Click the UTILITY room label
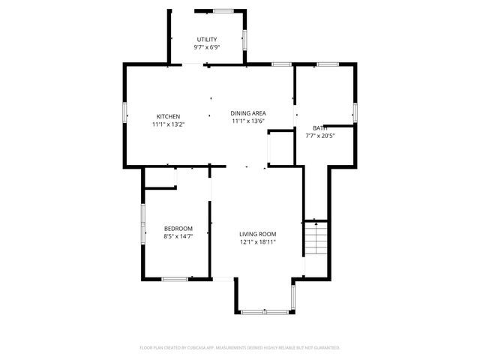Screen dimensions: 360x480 (207, 39)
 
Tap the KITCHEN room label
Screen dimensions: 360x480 (168, 116)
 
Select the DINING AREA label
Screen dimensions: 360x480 (248, 113)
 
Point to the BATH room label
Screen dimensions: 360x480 (320, 128)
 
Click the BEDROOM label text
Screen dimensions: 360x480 (178, 229)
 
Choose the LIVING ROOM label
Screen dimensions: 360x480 (258, 234)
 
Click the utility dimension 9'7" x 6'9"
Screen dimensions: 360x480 (207, 46)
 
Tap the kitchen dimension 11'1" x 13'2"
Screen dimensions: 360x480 (168, 124)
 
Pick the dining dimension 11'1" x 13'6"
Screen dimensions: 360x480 (248, 121)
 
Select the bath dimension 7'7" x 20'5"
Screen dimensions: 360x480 (320, 136)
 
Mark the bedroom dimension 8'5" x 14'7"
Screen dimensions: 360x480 (178, 236)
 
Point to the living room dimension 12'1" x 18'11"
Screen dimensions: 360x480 (258, 241)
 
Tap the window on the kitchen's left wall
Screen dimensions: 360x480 (124, 113)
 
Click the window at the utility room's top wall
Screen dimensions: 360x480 (223, 10)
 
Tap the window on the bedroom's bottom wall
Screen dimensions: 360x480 (175, 279)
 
